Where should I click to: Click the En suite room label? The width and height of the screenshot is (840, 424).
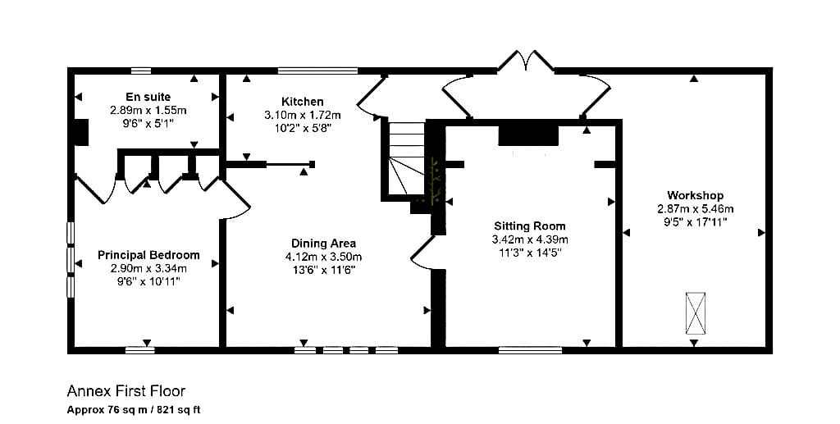(148, 97)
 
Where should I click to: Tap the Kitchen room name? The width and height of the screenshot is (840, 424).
(302, 101)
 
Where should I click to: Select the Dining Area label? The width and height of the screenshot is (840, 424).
(323, 244)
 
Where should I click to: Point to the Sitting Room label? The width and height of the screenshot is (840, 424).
(530, 226)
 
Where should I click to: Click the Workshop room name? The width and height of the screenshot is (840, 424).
(696, 195)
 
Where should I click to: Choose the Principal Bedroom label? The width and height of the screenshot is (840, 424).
(148, 255)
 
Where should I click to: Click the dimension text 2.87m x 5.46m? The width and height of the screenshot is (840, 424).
(696, 209)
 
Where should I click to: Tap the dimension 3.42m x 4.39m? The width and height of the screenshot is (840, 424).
(530, 239)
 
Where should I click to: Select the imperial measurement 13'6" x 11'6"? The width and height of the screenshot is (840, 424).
(323, 271)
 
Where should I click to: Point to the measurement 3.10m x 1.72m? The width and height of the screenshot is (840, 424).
(302, 115)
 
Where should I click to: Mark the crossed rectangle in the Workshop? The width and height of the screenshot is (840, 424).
(696, 313)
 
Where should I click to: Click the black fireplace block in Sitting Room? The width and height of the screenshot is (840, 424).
(528, 136)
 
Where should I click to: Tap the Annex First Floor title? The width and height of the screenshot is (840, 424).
(126, 391)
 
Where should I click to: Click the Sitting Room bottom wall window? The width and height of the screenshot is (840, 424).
(531, 350)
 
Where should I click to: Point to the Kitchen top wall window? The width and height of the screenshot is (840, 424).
(317, 71)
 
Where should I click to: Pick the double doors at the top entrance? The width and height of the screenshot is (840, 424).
(527, 61)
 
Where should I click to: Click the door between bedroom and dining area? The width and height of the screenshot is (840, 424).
(235, 199)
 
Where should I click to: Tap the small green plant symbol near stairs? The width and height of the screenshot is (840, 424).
(436, 181)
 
